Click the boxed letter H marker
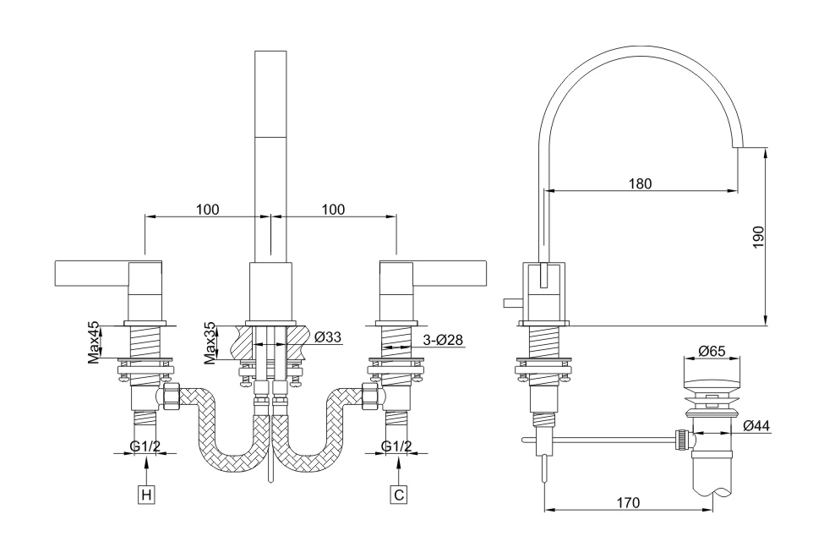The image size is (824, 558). pos(147,495)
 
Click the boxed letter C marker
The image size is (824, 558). pos(398,495)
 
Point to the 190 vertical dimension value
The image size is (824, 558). pos(758,236)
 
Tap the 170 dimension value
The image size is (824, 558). pos(627,503)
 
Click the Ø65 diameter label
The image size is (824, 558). pos(712,351)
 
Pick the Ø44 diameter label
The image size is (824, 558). pos(756,426)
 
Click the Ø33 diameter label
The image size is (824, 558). pos(327,337)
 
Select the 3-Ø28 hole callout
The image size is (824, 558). pos(443,340)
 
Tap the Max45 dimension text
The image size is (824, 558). pos(94,342)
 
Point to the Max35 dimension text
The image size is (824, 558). pos(210,342)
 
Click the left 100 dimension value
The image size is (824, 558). pos(208,210)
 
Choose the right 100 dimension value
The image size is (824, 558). pos(334,210)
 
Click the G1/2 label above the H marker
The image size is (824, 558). pos(146,446)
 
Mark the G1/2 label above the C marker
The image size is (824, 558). pos(397,446)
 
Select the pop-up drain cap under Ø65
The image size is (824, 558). pos(712,373)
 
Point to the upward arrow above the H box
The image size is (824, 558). pos(147,468)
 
